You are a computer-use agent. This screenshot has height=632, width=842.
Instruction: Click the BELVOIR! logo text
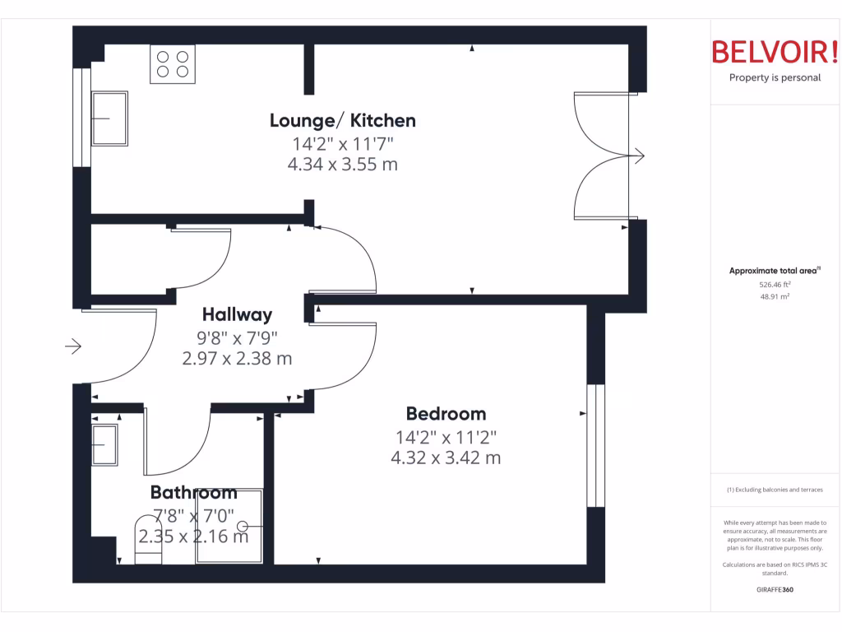coord(775,52)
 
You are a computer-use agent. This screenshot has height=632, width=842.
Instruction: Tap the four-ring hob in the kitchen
coord(172,64)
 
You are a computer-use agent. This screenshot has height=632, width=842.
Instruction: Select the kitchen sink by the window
coord(110,118)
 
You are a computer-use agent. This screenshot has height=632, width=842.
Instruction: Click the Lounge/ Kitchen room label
coord(342,121)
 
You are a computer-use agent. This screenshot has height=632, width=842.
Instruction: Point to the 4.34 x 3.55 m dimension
coord(342,164)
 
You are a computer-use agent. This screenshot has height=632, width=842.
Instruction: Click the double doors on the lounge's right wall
coord(604,156)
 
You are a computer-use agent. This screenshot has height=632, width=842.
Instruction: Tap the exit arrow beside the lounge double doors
coord(637,156)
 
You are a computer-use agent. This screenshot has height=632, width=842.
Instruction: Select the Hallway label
coord(237,314)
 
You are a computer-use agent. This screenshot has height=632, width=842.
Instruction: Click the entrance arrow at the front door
coord(73,346)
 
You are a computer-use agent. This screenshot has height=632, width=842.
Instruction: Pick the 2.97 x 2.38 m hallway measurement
coord(237,359)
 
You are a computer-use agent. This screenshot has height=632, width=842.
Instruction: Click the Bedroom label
coord(446,414)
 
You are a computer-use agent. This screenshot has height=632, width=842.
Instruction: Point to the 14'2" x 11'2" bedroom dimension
coord(446,436)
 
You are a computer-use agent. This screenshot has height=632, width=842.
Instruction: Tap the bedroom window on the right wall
coord(595,445)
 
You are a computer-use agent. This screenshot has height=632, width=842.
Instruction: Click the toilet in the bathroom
coord(149,540)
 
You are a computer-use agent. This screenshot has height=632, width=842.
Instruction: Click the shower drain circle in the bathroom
coord(243,526)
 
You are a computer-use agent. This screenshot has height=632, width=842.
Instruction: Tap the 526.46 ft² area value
coord(775,284)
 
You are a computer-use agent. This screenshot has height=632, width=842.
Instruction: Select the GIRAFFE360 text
coord(775,590)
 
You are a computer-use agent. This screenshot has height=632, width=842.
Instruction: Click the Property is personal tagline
coord(775,78)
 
